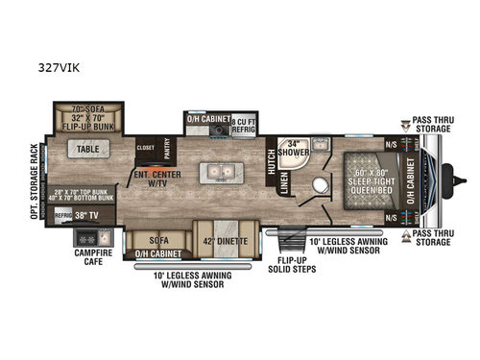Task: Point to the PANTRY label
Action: tap(165, 149)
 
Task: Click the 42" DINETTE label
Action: tap(226, 238)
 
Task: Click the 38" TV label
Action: tap(89, 216)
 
